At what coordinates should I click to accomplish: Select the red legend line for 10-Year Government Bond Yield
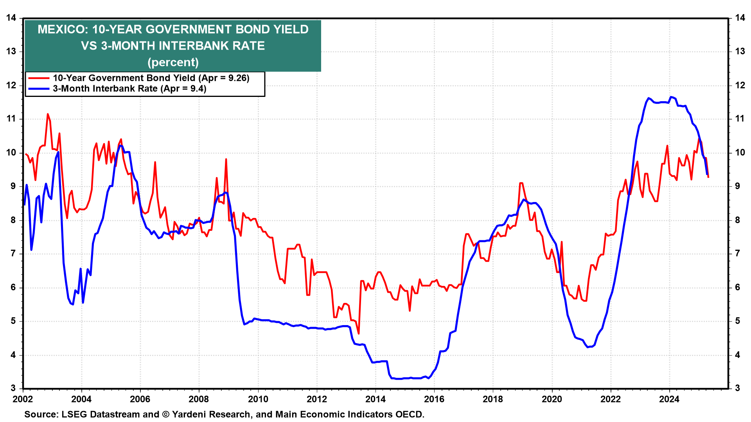(x=39, y=78)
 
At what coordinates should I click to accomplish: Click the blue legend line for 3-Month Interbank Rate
(x=39, y=89)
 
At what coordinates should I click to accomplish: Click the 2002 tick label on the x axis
(x=23, y=399)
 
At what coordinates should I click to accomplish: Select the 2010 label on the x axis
(x=258, y=399)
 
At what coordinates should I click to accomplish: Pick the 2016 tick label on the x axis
(x=434, y=399)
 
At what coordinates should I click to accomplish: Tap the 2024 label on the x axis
(x=669, y=399)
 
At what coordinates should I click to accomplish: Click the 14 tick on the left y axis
(x=11, y=18)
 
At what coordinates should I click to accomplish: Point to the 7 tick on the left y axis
(x=13, y=254)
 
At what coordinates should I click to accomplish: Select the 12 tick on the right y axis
(x=740, y=85)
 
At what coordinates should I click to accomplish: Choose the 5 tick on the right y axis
(x=737, y=321)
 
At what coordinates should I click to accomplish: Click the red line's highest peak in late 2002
(x=48, y=114)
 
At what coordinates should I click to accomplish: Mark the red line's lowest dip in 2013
(x=359, y=333)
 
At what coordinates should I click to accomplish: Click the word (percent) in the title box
(x=173, y=63)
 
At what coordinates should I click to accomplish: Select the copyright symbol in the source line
(x=165, y=415)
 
